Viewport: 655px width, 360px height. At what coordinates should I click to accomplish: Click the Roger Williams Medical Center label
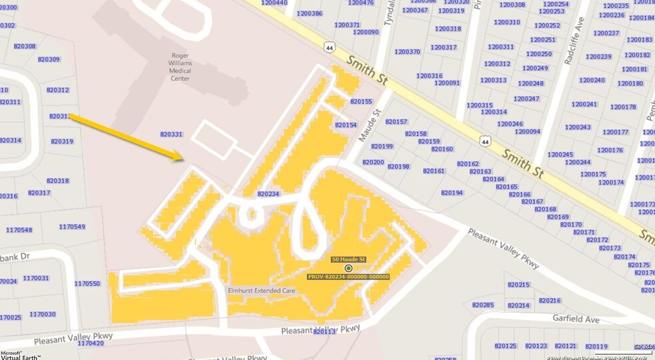[x=179, y=69]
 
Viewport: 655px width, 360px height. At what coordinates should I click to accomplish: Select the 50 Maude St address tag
[x=348, y=259]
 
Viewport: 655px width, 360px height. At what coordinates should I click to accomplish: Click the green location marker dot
[x=348, y=268]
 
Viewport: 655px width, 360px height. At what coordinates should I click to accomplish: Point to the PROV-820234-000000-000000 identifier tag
[x=348, y=277]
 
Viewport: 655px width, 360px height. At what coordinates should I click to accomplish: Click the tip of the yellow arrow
[x=183, y=159]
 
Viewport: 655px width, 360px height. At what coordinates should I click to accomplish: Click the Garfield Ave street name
[x=576, y=318]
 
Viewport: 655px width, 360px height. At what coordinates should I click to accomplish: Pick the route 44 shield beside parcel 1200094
[x=484, y=141]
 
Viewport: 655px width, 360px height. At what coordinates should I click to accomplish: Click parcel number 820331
[x=171, y=135]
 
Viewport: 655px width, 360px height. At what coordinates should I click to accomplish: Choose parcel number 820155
[x=361, y=101]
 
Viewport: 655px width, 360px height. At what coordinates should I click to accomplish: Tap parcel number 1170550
[x=87, y=283]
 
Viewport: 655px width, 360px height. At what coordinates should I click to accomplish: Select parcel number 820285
[x=482, y=305]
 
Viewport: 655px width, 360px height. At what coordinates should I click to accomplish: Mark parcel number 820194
[x=452, y=193]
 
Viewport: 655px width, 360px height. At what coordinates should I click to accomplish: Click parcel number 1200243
[x=578, y=127]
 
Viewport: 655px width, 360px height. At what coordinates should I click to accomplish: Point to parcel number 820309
[x=49, y=59]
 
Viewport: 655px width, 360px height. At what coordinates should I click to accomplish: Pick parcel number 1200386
[x=309, y=13]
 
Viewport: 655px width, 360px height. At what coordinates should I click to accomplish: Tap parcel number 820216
[x=550, y=301]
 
